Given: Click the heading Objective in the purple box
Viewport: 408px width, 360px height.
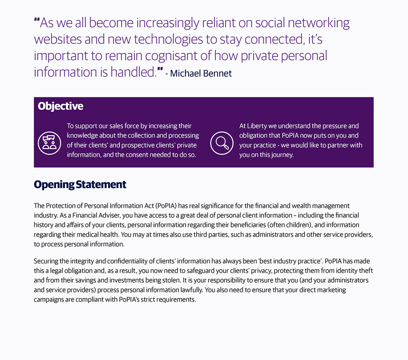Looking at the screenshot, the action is (x=60, y=106).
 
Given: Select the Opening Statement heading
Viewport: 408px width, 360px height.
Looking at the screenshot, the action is (x=80, y=184).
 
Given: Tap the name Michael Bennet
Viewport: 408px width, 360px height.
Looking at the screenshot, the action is (x=201, y=73).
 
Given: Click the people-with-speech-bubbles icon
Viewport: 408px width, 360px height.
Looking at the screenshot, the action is (x=49, y=143).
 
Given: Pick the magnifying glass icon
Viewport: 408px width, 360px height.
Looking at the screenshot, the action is (x=222, y=143).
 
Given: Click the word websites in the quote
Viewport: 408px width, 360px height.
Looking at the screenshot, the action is (x=58, y=40).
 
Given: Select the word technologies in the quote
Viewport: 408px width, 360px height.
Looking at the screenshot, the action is (x=168, y=40).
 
